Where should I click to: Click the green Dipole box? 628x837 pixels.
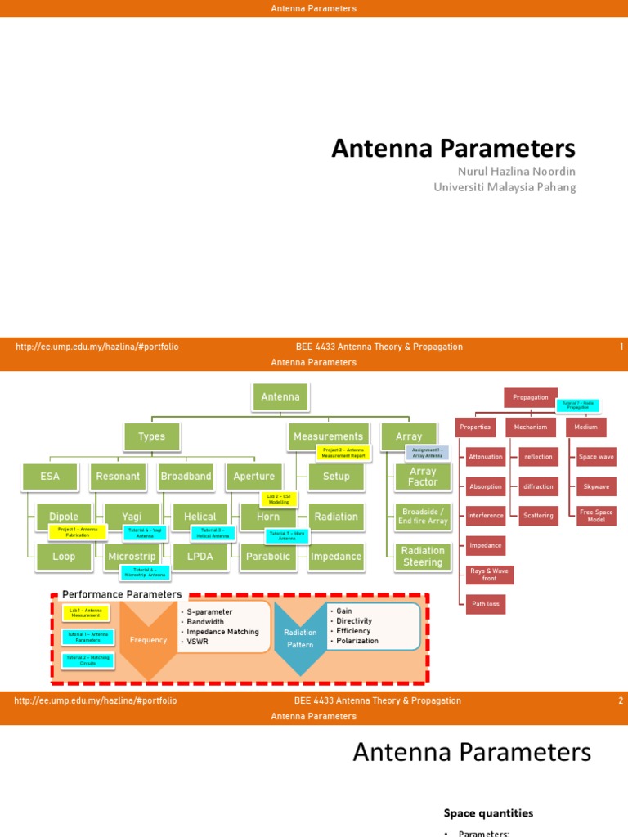[x=64, y=516]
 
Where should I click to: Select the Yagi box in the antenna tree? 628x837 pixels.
[x=132, y=516]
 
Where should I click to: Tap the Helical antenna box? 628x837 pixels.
[x=200, y=516]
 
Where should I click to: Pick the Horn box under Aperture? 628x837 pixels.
[x=268, y=516]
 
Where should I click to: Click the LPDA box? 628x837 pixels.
[x=200, y=557]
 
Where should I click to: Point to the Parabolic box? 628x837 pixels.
[x=268, y=557]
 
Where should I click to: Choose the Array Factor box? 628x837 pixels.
[x=423, y=477]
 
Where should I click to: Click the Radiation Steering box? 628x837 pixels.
[x=423, y=557]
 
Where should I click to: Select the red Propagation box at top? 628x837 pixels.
[x=531, y=397]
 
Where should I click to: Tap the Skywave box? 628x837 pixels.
[x=596, y=486]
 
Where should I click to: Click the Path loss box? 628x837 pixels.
[x=486, y=605]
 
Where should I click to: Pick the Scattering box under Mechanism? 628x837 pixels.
[x=538, y=516]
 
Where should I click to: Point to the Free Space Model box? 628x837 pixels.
[x=596, y=516]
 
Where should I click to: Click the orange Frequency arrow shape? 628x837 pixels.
[x=148, y=640]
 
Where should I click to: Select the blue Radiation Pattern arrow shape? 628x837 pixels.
[x=300, y=638]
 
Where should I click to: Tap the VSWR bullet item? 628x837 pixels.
[x=199, y=642]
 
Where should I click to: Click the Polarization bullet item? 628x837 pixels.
[x=357, y=641]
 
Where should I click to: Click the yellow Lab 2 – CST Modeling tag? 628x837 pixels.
[x=279, y=499]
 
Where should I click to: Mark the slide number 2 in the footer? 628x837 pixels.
[x=621, y=700]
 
